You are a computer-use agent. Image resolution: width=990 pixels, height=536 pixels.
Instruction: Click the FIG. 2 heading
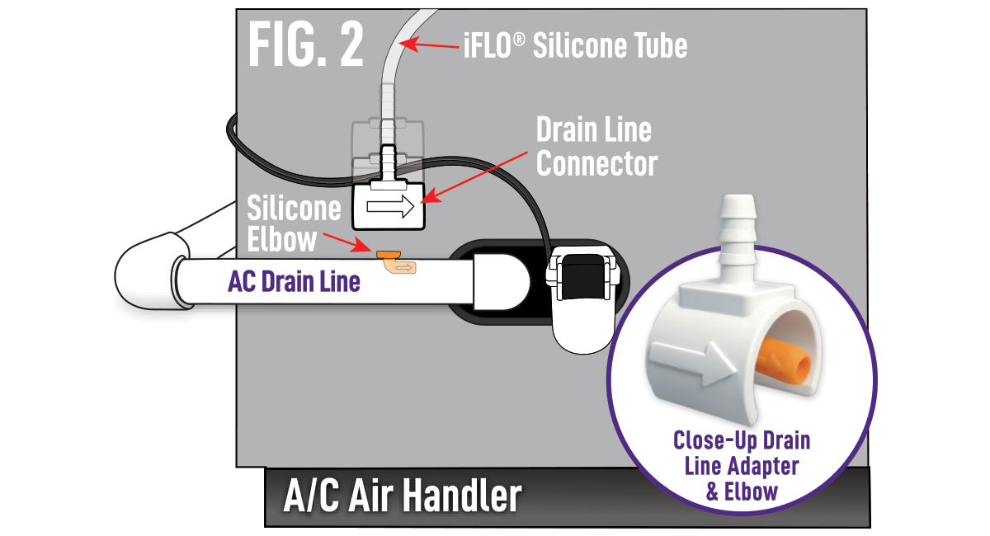[x=305, y=46]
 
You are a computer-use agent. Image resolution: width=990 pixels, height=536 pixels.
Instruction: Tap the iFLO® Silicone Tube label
[x=574, y=45]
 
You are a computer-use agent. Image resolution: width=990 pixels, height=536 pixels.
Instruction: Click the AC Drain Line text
[x=294, y=282]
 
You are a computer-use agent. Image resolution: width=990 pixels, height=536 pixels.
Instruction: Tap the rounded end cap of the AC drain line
[x=503, y=280]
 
